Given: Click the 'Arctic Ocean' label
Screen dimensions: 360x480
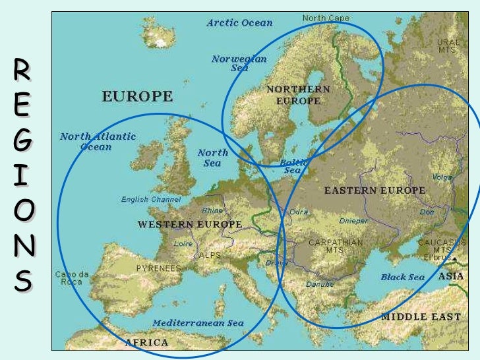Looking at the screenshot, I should tap(239, 23).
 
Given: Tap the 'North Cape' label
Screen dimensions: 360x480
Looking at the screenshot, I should tap(326, 18).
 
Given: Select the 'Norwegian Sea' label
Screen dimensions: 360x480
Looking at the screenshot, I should tap(239, 63).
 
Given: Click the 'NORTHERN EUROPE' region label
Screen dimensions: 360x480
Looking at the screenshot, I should tap(298, 95).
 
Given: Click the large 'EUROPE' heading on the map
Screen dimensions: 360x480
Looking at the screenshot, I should tap(137, 97).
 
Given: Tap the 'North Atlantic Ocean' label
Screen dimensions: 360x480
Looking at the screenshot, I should tap(98, 142).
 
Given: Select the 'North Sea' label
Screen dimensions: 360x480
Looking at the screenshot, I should tap(212, 158).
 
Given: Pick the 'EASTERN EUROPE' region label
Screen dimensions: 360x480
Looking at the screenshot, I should tap(375, 191).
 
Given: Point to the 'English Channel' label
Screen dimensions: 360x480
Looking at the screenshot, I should tap(151, 200).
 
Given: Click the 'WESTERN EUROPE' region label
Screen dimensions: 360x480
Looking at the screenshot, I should tap(189, 225).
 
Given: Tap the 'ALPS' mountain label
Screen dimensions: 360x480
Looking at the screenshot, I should tap(210, 255).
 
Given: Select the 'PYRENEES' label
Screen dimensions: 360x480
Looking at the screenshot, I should tap(158, 268).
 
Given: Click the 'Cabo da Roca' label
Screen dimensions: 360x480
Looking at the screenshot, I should tap(72, 278).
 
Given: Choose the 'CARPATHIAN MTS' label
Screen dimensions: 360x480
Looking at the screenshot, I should tap(336, 247).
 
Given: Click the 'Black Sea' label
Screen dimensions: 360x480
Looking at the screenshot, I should tap(402, 278).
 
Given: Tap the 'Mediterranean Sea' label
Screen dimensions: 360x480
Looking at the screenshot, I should tap(198, 323).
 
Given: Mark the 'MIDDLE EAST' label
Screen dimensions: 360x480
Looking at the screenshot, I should tap(421, 317).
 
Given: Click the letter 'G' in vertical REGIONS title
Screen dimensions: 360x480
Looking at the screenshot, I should tap(22, 141).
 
